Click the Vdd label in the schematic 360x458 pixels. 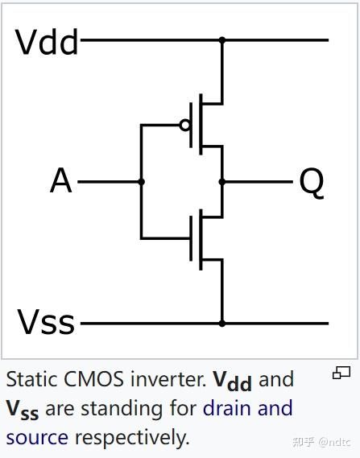point(47,40)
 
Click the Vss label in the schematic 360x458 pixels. point(46,323)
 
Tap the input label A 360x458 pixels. point(60,182)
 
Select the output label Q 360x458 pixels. point(311,182)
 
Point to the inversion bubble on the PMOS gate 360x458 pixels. point(185,125)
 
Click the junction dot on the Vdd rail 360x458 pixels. point(222,39)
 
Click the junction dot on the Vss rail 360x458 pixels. point(222,324)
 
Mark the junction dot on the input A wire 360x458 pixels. point(142,182)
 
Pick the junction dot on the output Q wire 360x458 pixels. point(222,182)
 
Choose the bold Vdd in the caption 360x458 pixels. point(233,380)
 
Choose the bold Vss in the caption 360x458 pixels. point(23,410)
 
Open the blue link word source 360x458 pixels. point(37,438)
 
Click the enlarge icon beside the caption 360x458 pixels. point(341,373)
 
